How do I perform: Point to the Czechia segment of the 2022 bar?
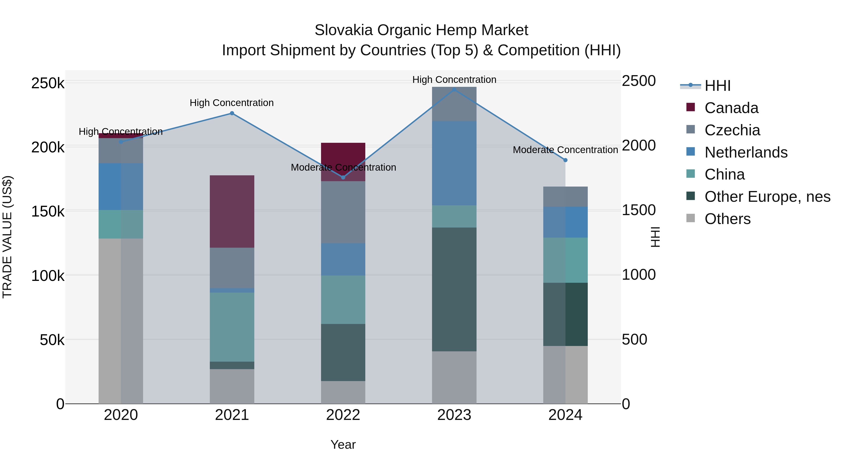click(343, 212)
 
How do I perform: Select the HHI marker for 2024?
click(565, 160)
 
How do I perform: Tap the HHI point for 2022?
click(343, 177)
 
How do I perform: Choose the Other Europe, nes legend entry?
click(767, 197)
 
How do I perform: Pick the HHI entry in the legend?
click(717, 86)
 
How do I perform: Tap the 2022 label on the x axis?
click(343, 415)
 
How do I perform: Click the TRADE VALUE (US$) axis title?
click(7, 237)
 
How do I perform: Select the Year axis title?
click(343, 445)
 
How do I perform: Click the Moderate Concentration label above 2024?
click(565, 150)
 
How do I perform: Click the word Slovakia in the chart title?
click(343, 30)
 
